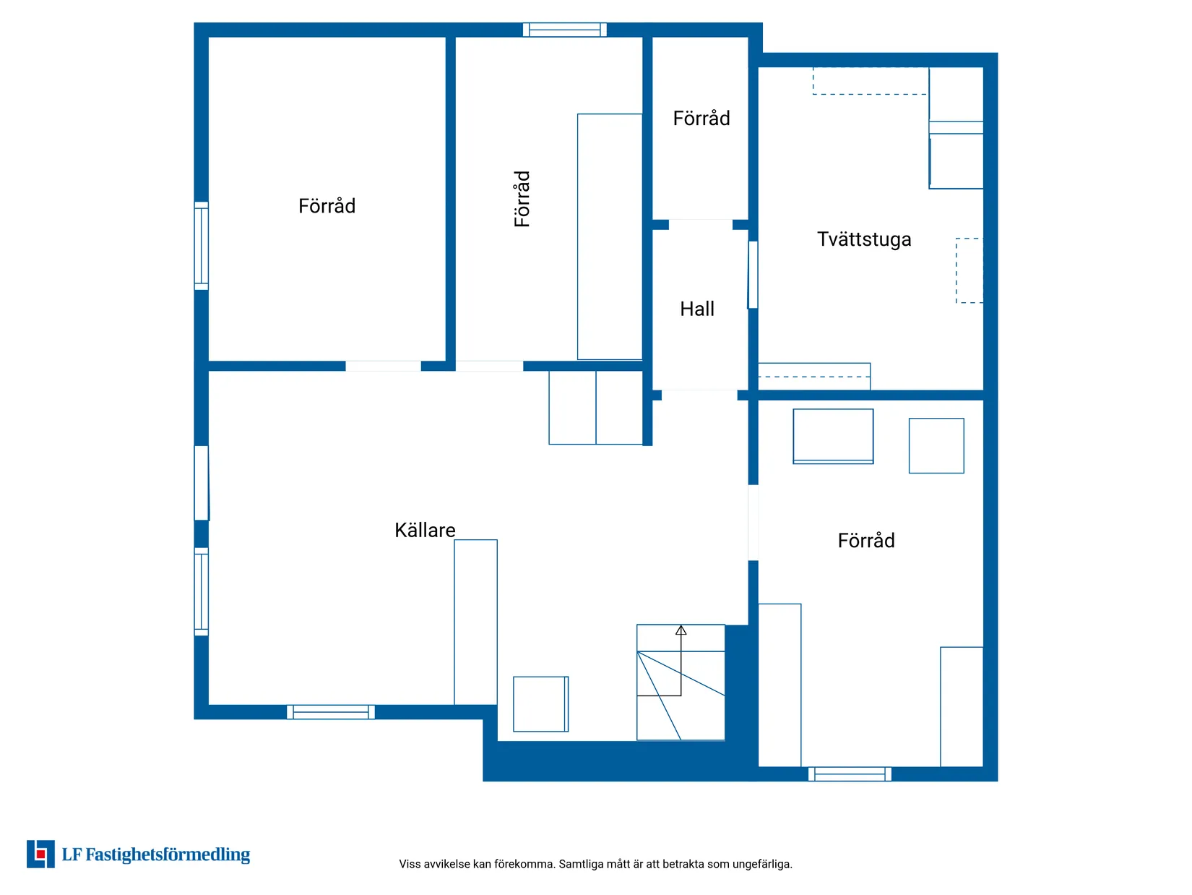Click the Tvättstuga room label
click(863, 239)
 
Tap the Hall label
click(696, 309)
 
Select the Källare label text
click(425, 530)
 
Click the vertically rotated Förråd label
click(522, 198)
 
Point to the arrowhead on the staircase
click(681, 630)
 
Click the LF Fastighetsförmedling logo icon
click(40, 854)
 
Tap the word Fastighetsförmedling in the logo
click(168, 855)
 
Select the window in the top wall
click(564, 30)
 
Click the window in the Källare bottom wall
click(330, 712)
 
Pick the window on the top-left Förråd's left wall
click(202, 246)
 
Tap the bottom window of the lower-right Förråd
click(850, 774)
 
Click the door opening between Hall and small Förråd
click(700, 224)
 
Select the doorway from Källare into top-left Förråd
click(383, 366)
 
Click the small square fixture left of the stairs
click(540, 703)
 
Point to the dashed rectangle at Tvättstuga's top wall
click(870, 81)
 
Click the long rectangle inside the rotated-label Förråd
click(609, 236)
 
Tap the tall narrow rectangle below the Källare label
click(475, 622)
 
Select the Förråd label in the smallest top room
click(701, 118)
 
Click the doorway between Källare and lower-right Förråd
click(753, 522)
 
